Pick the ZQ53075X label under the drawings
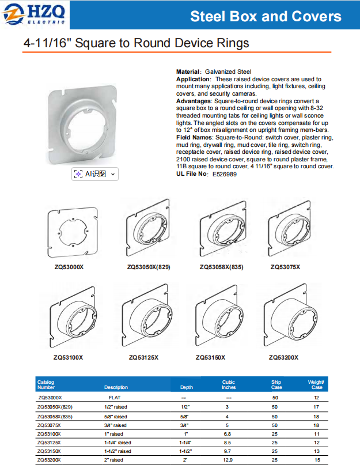pos(285,267)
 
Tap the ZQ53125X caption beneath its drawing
pos(143,358)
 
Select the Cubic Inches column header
pos(229,384)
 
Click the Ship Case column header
pos(276,384)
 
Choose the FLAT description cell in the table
pos(115,398)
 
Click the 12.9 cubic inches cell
pos(229,460)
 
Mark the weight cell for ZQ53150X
pos(316,451)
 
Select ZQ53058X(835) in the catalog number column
pos(55,416)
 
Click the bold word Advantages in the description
pos(194,101)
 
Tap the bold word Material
pos(188,72)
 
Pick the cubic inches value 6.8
pos(229,433)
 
